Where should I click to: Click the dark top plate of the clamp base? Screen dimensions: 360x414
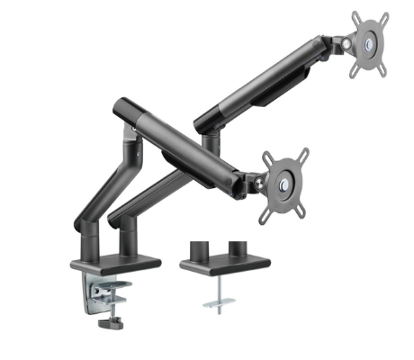click(x=115, y=262)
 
